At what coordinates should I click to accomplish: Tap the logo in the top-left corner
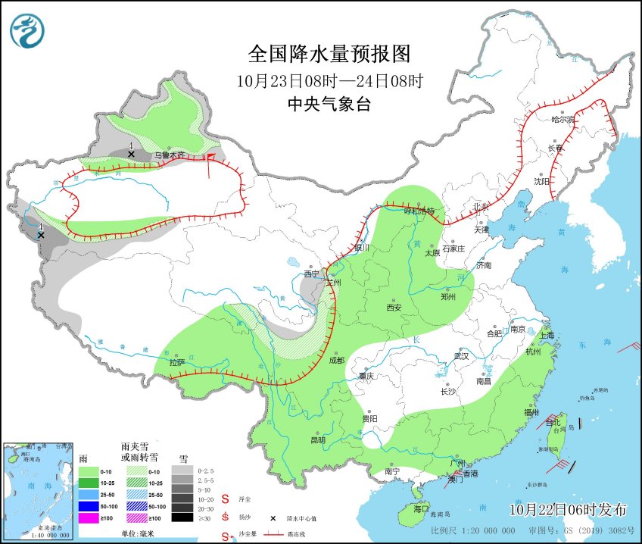point(27,31)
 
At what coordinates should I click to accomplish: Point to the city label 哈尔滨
point(563,120)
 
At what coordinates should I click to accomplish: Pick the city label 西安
point(394,308)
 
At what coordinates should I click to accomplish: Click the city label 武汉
point(461,355)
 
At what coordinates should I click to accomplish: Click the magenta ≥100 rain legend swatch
point(90,517)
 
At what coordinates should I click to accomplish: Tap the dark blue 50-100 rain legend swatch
point(90,506)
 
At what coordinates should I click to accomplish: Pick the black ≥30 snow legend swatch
point(182,517)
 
